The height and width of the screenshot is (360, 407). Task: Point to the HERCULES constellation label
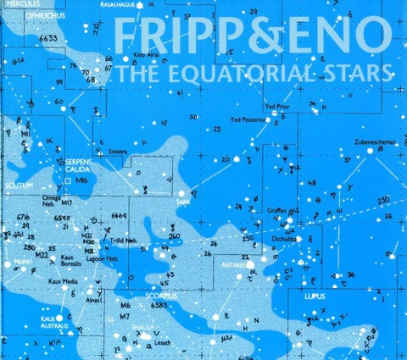coord(17,3)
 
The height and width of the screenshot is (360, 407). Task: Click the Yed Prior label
coord(278,108)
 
